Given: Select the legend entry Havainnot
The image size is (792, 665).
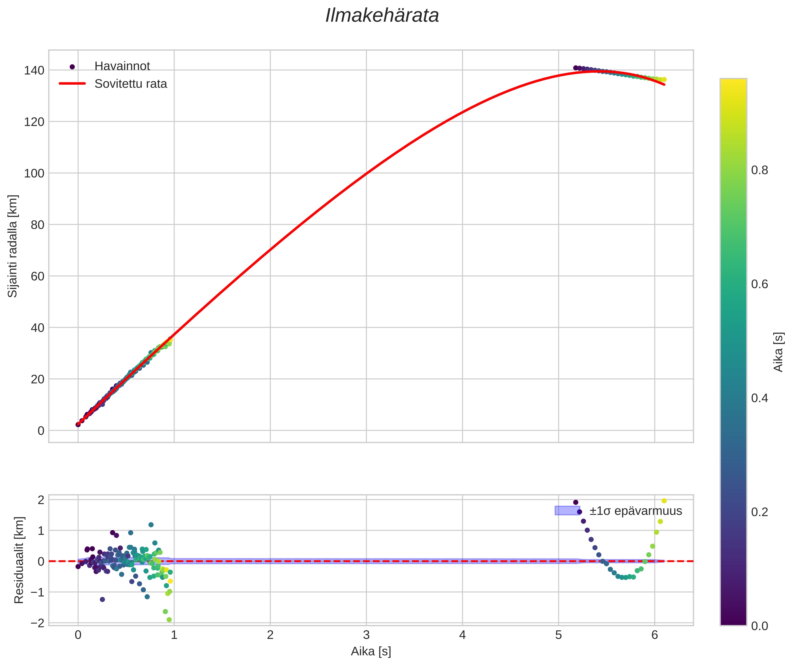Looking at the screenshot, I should point(122,66).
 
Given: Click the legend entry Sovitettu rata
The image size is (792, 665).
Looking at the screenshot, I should point(130,84).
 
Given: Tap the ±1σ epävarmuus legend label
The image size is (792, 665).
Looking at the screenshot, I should point(635,511).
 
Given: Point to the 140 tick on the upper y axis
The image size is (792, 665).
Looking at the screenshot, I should point(34,70).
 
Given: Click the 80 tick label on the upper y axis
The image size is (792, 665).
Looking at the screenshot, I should point(37,225).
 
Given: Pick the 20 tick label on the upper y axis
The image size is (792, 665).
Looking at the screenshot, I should point(37,379).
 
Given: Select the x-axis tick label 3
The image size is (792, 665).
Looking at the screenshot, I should point(366,635).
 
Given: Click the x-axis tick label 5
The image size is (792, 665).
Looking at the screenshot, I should point(558,635).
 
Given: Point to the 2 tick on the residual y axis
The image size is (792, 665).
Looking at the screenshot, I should point(41,500).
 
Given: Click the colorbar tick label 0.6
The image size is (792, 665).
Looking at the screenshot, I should point(759,284).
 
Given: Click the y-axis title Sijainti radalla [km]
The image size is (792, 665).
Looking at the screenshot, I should point(13,246).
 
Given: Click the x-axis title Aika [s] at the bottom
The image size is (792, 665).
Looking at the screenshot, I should point(371,651).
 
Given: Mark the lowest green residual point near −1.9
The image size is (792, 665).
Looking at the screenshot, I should point(169,620).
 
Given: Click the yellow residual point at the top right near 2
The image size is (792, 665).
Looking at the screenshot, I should point(664,501).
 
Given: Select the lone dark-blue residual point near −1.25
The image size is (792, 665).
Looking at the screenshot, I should point(102,599).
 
